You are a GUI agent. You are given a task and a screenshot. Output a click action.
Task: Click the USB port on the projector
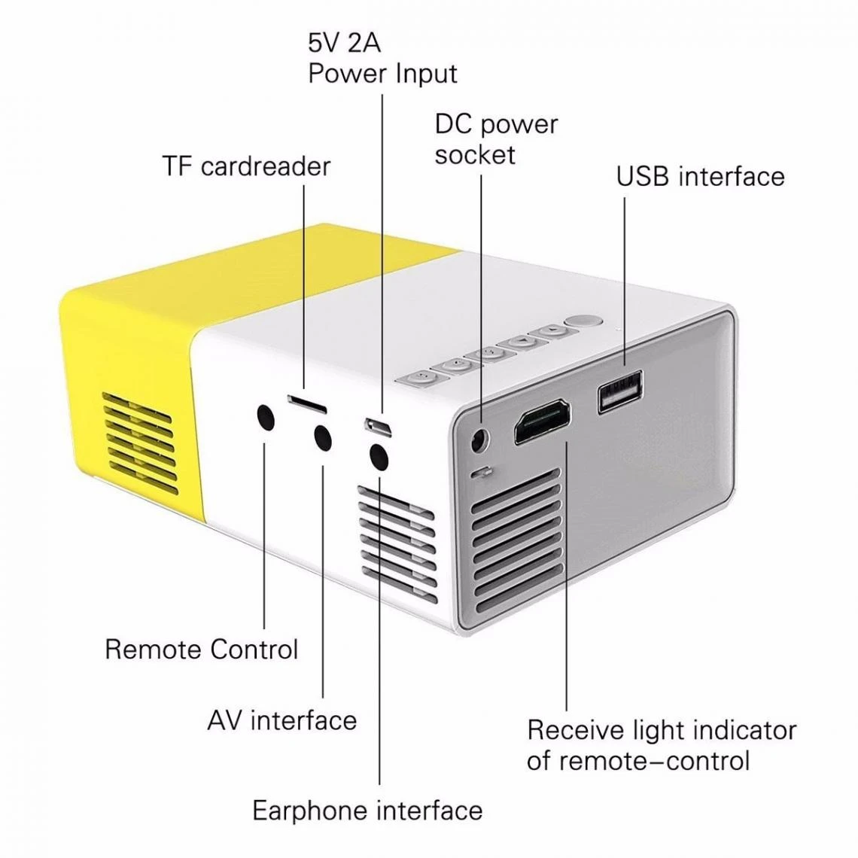tap(620, 391)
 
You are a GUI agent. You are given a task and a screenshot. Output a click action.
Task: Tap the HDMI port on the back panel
tap(542, 423)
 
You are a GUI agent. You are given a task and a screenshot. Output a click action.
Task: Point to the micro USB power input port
tap(379, 427)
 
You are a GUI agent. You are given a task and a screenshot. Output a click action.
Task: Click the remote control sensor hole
tap(265, 417)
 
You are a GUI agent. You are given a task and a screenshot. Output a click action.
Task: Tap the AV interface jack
tap(322, 437)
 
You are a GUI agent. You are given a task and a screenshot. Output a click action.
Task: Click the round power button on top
tap(584, 321)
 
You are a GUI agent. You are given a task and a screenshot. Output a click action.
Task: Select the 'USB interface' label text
tap(700, 176)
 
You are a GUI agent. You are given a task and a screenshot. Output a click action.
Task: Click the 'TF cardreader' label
tap(246, 166)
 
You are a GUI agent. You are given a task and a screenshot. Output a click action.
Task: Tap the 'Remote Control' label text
tap(201, 649)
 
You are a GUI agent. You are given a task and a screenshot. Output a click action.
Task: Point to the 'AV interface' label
tap(281, 720)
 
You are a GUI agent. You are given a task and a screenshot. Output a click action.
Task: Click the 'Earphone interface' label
tap(367, 811)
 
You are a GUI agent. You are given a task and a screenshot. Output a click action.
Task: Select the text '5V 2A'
tap(344, 43)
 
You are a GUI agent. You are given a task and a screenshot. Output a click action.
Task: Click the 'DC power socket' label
tap(495, 139)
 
